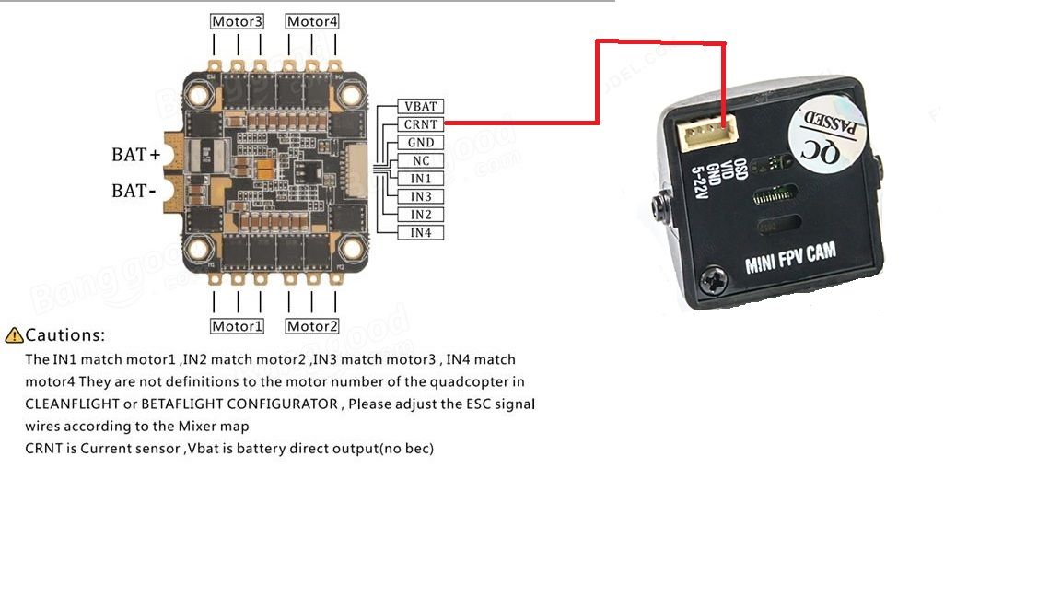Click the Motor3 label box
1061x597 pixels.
[x=237, y=21]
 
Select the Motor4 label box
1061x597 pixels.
[x=312, y=21]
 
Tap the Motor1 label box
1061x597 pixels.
[x=237, y=326]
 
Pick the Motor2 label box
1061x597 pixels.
[x=312, y=326]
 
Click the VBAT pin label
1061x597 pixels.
[x=421, y=106]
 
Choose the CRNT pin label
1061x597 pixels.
[x=421, y=124]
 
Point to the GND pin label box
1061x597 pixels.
[x=421, y=143]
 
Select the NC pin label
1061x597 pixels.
[x=421, y=160]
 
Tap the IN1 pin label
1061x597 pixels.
[x=421, y=179]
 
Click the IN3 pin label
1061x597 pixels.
[x=421, y=196]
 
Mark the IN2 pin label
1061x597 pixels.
[x=421, y=215]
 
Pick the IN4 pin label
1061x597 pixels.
[x=421, y=233]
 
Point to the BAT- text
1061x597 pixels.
[x=131, y=192]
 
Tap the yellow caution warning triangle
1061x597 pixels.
[x=14, y=335]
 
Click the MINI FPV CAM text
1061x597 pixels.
[x=790, y=259]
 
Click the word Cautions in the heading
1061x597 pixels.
[x=64, y=335]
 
